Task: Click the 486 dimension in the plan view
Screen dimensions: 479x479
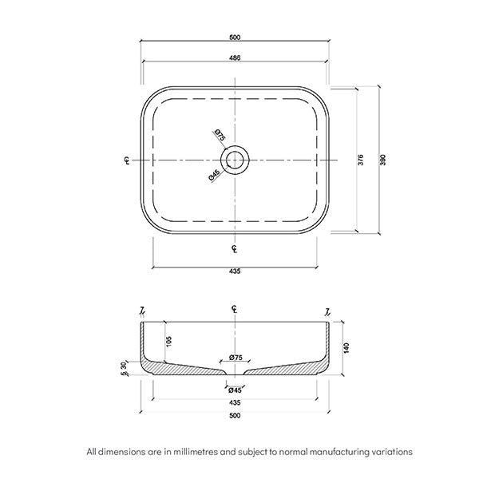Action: pyautogui.click(x=237, y=58)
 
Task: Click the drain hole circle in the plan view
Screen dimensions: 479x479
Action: pyautogui.click(x=235, y=160)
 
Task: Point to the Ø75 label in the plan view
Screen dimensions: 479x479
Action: pyautogui.click(x=219, y=136)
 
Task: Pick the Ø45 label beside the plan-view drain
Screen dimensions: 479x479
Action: pyautogui.click(x=214, y=176)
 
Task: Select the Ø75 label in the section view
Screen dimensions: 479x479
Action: pyautogui.click(x=235, y=358)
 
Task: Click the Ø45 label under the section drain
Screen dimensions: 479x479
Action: pyautogui.click(x=235, y=390)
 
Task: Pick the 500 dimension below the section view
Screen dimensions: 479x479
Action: pyautogui.click(x=235, y=415)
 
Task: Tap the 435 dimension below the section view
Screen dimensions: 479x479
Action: pyautogui.click(x=235, y=402)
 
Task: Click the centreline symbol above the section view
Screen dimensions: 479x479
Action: pyautogui.click(x=235, y=309)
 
